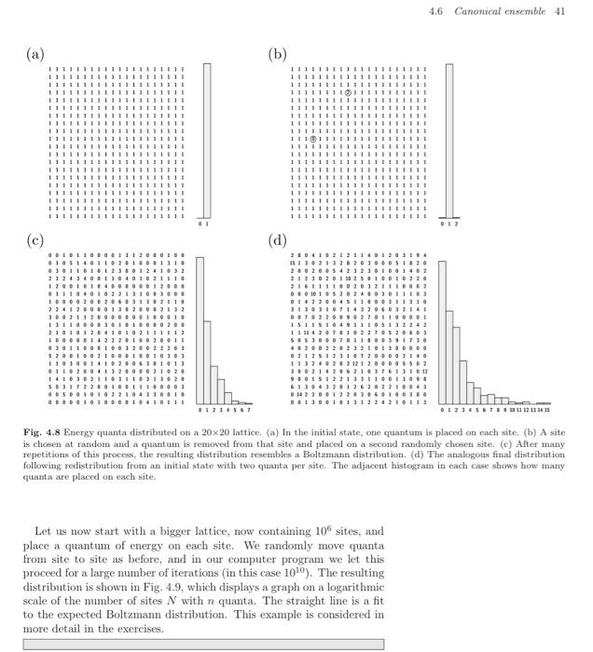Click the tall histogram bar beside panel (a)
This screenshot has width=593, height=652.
[207, 140]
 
